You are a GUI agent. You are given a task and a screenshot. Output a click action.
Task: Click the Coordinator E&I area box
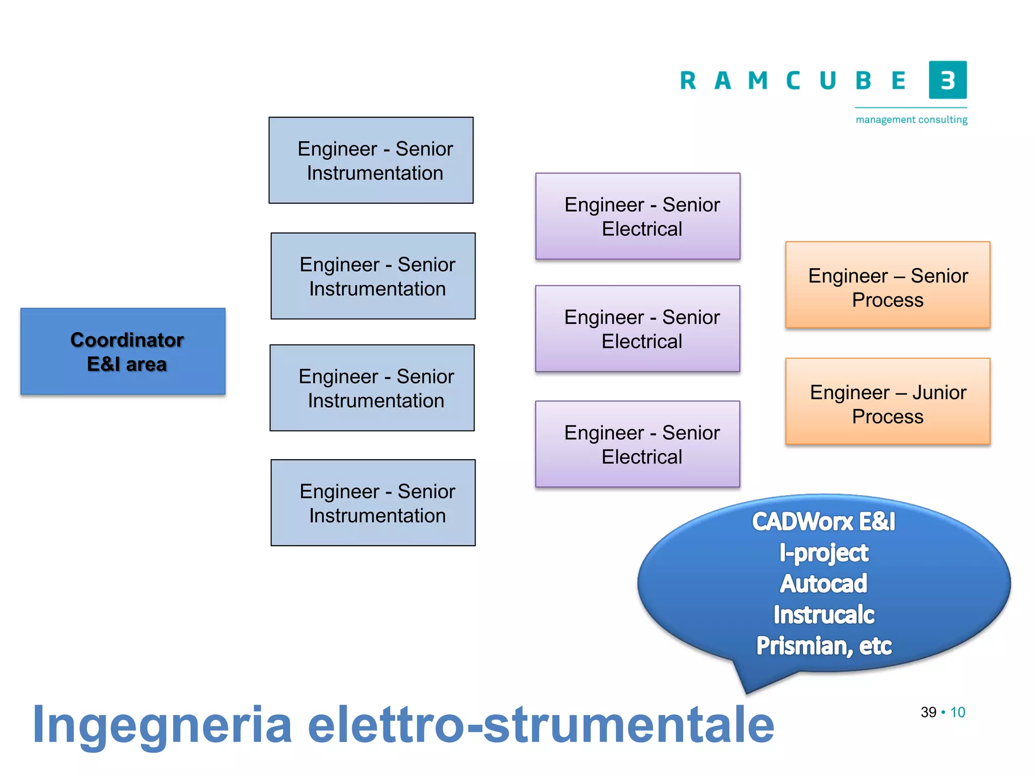pyautogui.click(x=123, y=351)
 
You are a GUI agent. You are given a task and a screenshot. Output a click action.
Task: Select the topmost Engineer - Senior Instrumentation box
pyautogui.click(x=371, y=160)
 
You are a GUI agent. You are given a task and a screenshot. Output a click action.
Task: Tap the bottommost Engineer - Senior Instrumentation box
pyautogui.click(x=373, y=503)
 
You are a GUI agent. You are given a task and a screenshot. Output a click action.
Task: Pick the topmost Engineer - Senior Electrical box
pyautogui.click(x=638, y=216)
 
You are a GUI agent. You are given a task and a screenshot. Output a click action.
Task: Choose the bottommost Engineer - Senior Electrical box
pyautogui.click(x=638, y=444)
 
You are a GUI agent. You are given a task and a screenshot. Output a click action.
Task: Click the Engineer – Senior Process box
pyautogui.click(x=887, y=285)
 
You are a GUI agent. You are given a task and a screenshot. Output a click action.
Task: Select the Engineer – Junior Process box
pyautogui.click(x=887, y=402)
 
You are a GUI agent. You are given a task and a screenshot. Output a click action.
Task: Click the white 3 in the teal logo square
pyautogui.click(x=948, y=80)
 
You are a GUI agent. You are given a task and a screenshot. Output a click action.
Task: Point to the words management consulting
pyautogui.click(x=911, y=120)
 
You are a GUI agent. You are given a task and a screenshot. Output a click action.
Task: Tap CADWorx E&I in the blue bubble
pyautogui.click(x=823, y=522)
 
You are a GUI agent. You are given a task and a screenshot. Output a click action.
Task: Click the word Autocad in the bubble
pyautogui.click(x=823, y=584)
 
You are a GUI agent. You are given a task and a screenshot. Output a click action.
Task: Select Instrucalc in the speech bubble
pyautogui.click(x=823, y=615)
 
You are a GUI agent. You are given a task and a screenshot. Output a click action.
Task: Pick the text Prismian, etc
pyautogui.click(x=823, y=646)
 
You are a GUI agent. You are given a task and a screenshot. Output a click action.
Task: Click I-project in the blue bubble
pyautogui.click(x=823, y=553)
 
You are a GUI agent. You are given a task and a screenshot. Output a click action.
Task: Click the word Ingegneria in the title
pyautogui.click(x=162, y=726)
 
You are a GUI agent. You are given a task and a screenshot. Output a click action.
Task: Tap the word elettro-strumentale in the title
pyautogui.click(x=541, y=726)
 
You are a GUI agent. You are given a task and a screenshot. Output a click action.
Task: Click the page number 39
pyautogui.click(x=928, y=712)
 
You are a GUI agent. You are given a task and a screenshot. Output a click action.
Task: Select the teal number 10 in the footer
pyautogui.click(x=958, y=712)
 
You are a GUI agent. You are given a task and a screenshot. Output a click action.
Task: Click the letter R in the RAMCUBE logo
pyautogui.click(x=688, y=81)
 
